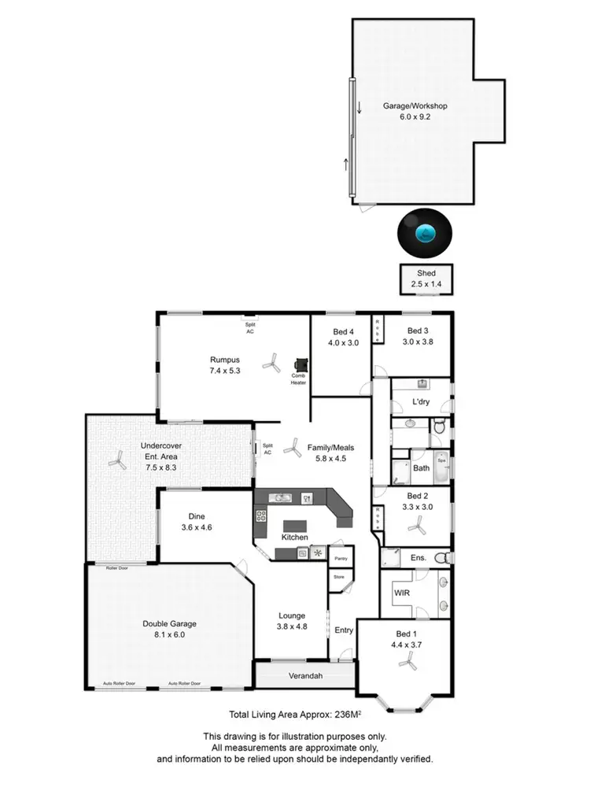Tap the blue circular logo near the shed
pyautogui.click(x=425, y=234)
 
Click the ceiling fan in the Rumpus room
pyautogui.click(x=271, y=362)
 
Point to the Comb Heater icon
pyautogui.click(x=301, y=365)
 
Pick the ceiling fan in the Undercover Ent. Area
pyautogui.click(x=117, y=461)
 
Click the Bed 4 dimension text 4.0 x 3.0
pyautogui.click(x=342, y=342)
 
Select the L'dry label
pyautogui.click(x=419, y=403)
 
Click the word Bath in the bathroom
pyautogui.click(x=422, y=467)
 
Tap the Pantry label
pyautogui.click(x=341, y=559)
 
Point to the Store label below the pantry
pyautogui.click(x=339, y=577)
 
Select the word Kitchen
pyautogui.click(x=296, y=538)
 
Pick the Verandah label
pyautogui.click(x=304, y=675)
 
